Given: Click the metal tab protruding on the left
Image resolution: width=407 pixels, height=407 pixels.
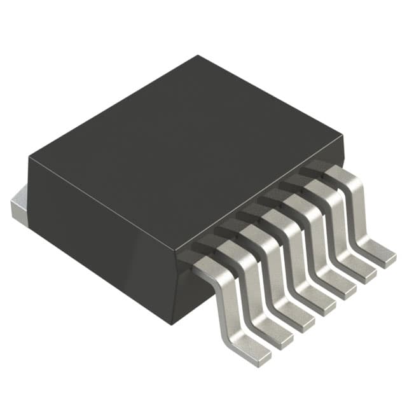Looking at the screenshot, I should coord(19,206).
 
